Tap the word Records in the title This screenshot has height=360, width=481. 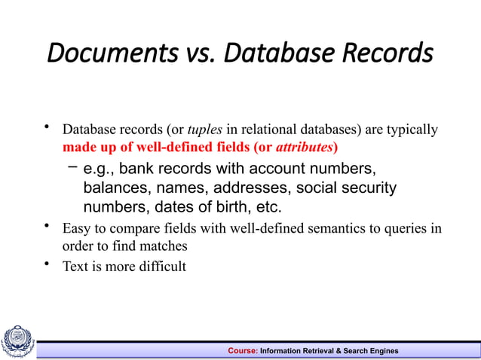[388, 53]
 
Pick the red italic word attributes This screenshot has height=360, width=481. [307, 145]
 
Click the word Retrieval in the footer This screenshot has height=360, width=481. [321, 351]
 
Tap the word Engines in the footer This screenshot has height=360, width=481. [382, 351]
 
